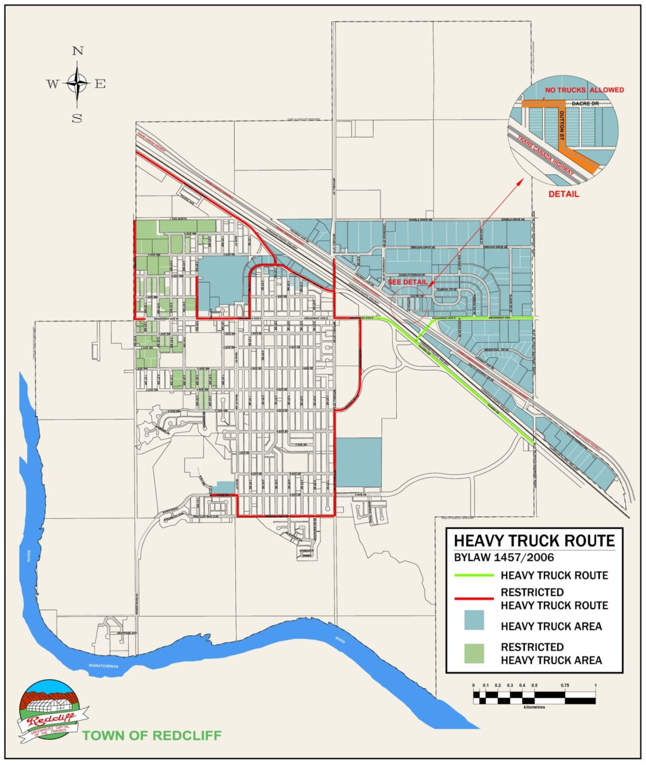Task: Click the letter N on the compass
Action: pos(78,52)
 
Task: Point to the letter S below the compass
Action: pos(77,118)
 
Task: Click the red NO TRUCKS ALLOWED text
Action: pos(584,90)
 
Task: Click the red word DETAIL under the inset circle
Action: pos(563,194)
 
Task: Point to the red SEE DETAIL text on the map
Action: pos(408,282)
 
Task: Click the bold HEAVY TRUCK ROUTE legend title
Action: pos(534,540)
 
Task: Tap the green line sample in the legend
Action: pos(474,576)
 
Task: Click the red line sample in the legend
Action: pos(474,599)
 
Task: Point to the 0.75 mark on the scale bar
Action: pos(565,685)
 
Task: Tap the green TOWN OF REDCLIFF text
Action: pos(152,736)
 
